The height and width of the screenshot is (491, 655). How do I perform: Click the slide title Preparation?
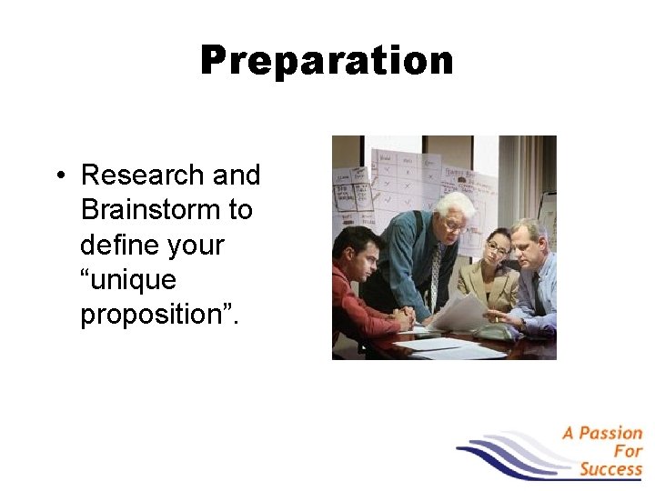tap(327, 61)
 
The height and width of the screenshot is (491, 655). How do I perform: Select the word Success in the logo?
tap(610, 469)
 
